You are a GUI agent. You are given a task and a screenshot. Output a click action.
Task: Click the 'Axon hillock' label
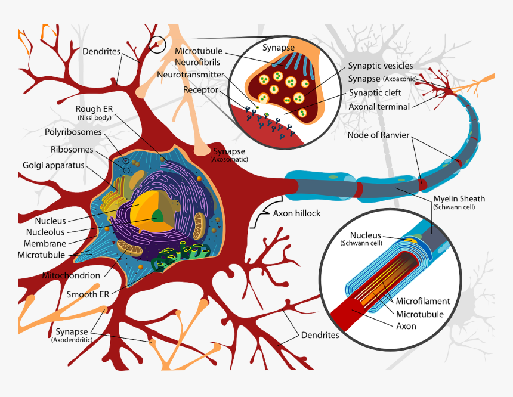point(296,213)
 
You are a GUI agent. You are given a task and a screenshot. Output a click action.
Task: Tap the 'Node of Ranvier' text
point(378,135)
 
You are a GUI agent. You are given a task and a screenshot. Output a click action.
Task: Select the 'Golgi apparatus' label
point(53,165)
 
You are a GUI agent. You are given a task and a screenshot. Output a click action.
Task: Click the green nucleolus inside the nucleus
point(158,216)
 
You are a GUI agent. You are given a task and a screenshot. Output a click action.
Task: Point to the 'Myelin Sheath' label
point(459,199)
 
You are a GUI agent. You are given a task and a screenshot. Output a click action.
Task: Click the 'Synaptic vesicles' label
point(381,66)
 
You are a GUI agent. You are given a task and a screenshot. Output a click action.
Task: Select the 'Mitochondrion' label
point(71,276)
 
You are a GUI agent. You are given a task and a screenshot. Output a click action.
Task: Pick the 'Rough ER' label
point(94,109)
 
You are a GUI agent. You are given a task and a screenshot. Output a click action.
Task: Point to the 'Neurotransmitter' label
point(191,75)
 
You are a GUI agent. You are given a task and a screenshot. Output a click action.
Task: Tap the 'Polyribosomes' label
point(69,131)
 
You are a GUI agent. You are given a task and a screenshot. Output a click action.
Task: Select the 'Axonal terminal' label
point(379,107)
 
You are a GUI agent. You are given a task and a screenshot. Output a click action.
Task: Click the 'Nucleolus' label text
point(45,232)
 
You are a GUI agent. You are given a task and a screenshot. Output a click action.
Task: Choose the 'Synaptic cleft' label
point(375,93)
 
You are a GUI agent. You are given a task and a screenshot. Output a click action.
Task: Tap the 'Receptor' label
point(201,90)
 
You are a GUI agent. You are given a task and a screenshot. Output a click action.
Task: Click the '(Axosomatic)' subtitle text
point(228,160)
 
